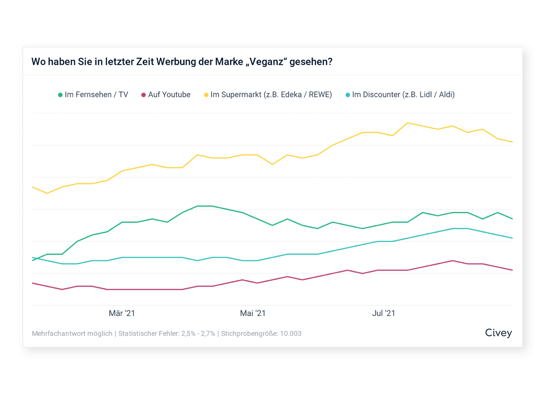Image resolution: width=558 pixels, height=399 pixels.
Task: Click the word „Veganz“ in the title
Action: pyautogui.click(x=266, y=62)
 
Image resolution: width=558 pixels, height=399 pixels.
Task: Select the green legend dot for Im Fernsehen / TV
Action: pyautogui.click(x=60, y=95)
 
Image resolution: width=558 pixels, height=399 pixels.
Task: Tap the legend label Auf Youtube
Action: pyautogui.click(x=169, y=95)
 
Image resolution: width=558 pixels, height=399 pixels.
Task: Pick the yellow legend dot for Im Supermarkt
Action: pyautogui.click(x=206, y=95)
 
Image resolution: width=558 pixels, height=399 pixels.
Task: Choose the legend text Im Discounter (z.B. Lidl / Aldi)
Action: pyautogui.click(x=403, y=95)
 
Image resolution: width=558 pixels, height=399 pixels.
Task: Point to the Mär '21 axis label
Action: pyautogui.click(x=122, y=313)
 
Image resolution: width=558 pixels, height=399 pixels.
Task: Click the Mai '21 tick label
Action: pyautogui.click(x=253, y=313)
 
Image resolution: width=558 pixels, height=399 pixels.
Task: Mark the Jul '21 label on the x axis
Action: pyautogui.click(x=384, y=313)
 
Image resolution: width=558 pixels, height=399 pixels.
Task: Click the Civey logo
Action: pyautogui.click(x=498, y=333)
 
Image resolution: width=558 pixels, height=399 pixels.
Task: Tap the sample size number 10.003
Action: pyautogui.click(x=291, y=334)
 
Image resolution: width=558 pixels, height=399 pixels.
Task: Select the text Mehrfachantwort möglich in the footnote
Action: pyautogui.click(x=72, y=334)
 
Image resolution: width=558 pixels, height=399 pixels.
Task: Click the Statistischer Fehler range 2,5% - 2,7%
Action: pyautogui.click(x=198, y=334)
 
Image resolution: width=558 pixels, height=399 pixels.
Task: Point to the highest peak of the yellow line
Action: pyautogui.click(x=408, y=123)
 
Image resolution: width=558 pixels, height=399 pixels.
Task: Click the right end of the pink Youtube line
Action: pyautogui.click(x=512, y=270)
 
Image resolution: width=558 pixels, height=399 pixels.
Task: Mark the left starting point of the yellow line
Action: pyautogui.click(x=33, y=187)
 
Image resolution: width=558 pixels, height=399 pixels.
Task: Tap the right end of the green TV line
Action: pyautogui.click(x=512, y=219)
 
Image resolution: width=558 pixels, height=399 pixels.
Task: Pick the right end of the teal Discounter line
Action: pyautogui.click(x=512, y=238)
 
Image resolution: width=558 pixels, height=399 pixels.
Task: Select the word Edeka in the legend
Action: pyautogui.click(x=291, y=95)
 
